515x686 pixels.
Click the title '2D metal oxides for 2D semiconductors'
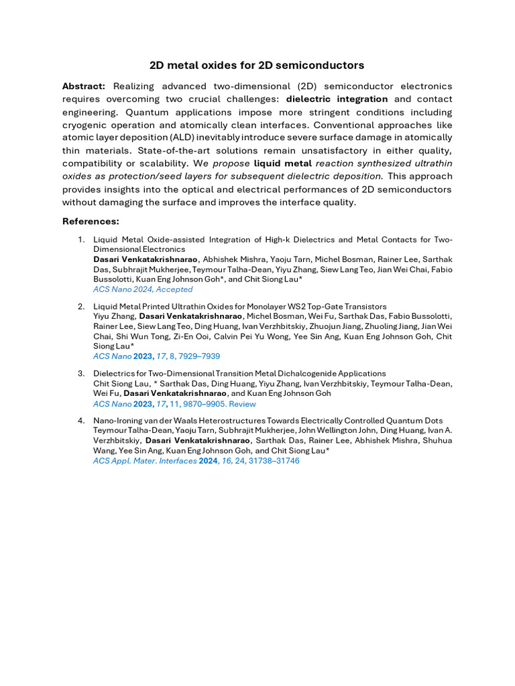coord(257,65)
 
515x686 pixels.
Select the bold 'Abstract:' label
coord(84,86)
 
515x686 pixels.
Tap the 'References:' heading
coord(91,221)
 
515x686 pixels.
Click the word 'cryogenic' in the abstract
coord(87,125)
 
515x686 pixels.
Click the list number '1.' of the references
coord(82,239)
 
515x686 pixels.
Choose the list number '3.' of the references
coord(82,373)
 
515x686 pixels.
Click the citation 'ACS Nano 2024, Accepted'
coord(143,289)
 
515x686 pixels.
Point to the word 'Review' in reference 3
coord(241,404)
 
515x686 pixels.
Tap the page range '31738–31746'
coord(274,461)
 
